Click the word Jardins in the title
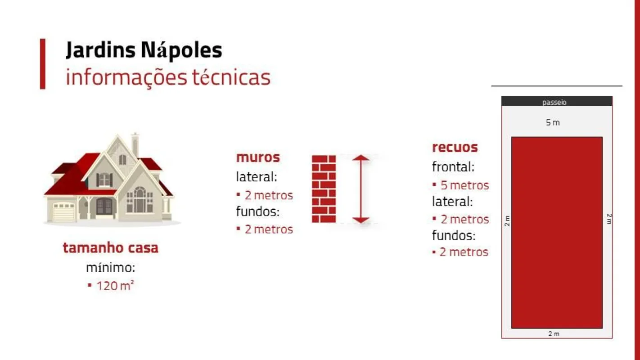100,50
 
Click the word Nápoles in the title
181,50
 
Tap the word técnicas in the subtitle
231,77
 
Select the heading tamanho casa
111,247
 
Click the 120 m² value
115,285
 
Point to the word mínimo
111,268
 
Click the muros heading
258,157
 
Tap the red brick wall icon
324,189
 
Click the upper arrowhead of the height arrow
361,157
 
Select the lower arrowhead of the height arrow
361,220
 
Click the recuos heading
455,148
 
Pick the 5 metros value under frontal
464,185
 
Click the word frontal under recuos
453,167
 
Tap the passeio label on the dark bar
554,102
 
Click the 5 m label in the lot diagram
553,122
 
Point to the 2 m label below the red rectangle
554,334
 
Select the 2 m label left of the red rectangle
507,221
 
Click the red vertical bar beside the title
43,64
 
